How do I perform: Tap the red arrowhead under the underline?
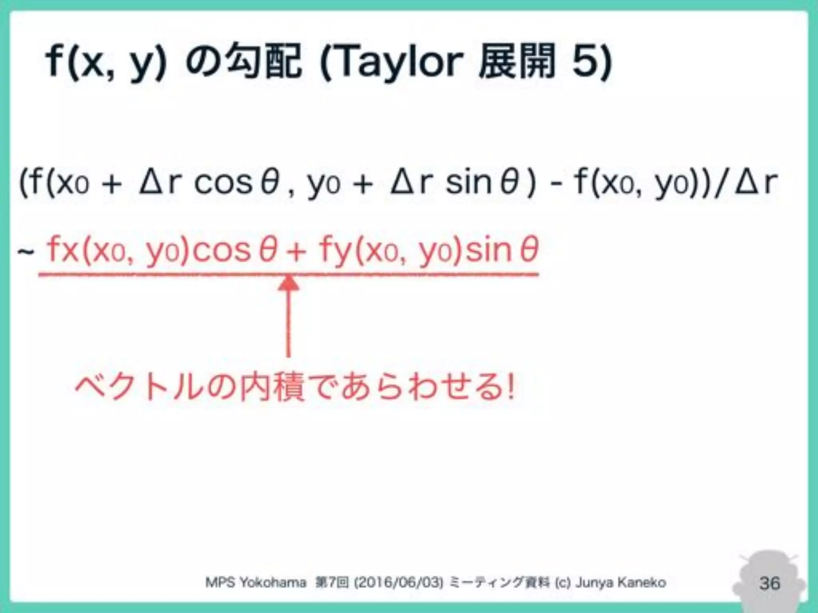(288, 283)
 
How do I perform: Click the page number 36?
(769, 583)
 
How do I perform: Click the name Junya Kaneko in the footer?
(621, 583)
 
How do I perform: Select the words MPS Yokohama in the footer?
(256, 583)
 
